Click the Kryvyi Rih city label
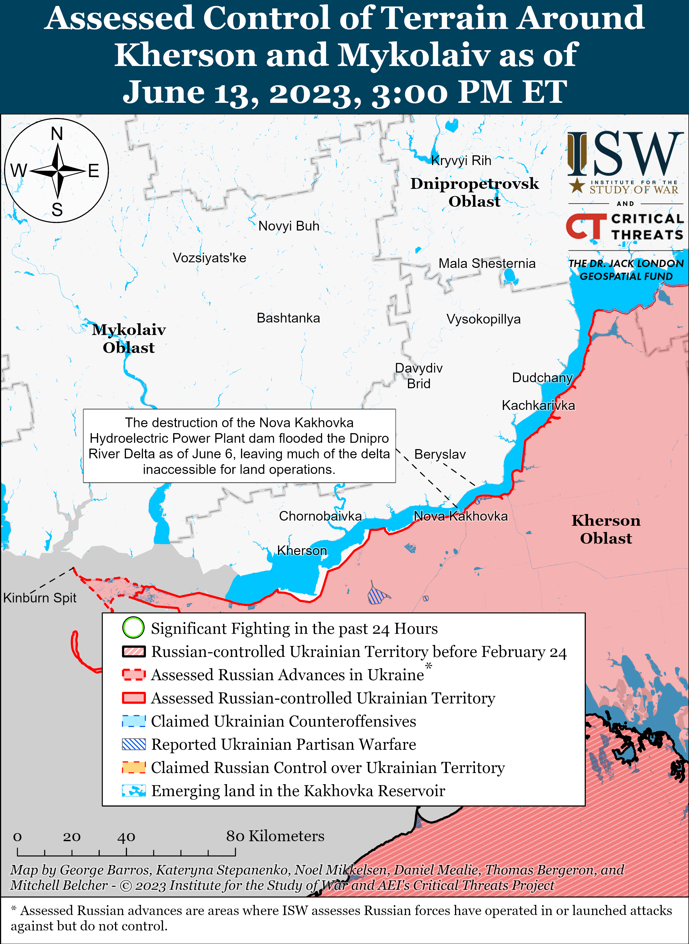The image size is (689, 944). pos(461,160)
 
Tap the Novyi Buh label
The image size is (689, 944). pos(289,226)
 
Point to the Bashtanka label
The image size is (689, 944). pos(288,318)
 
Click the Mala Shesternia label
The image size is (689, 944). pos(487,264)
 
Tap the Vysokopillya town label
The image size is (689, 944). pos(483,319)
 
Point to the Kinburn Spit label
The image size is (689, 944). pos(40,598)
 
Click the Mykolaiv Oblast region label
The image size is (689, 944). pos(129,338)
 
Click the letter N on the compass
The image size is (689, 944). pos(57,134)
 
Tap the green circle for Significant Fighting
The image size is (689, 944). pos(133,628)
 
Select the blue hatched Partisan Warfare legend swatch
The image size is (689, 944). pos(133,744)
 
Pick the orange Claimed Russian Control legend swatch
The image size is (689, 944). pos(133,767)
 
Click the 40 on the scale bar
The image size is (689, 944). pos(126,836)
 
